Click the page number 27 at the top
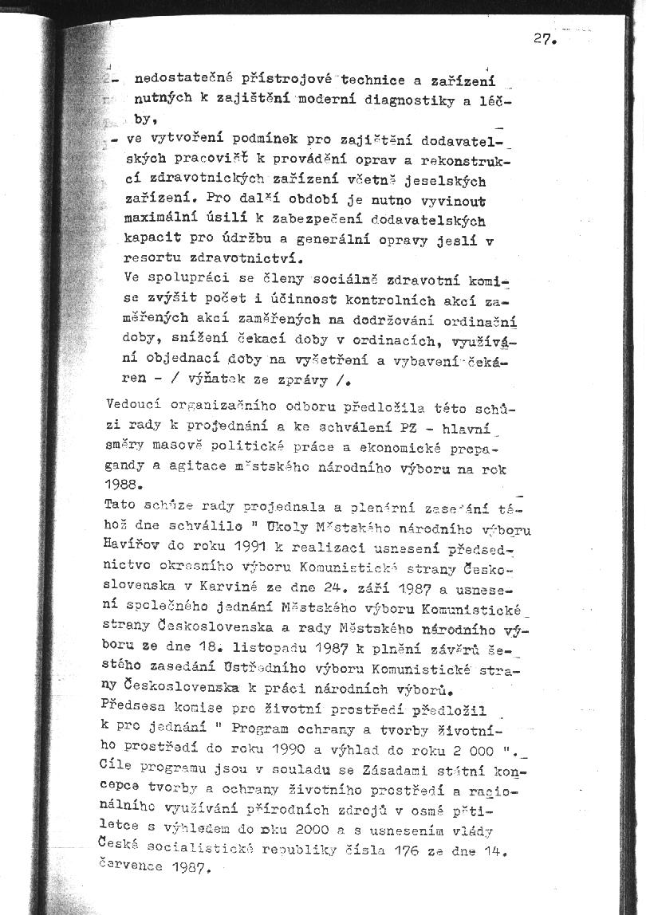coord(542,39)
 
